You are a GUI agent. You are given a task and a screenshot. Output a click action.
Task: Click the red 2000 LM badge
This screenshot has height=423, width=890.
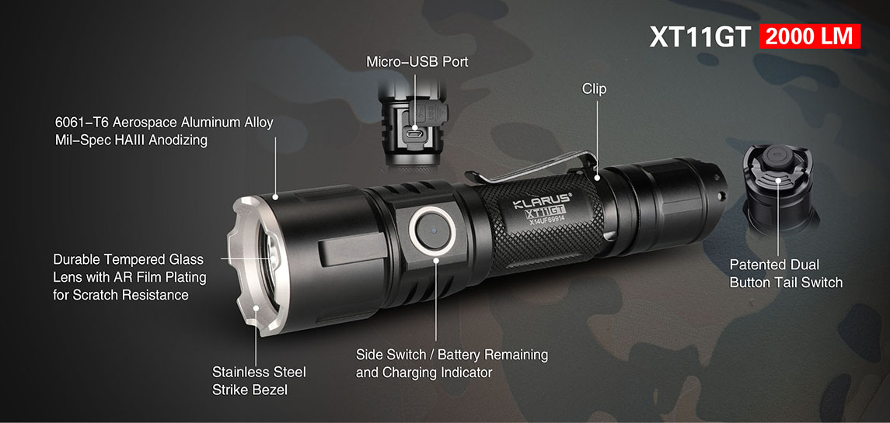tap(809, 36)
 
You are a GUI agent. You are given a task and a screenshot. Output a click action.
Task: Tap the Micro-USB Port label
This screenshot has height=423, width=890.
tap(417, 61)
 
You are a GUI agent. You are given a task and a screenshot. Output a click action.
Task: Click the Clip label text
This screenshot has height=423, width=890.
tap(594, 89)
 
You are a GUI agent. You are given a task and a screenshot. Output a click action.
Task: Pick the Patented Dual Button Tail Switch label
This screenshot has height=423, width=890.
tap(786, 273)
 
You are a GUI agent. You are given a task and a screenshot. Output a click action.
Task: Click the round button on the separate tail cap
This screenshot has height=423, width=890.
tap(777, 158)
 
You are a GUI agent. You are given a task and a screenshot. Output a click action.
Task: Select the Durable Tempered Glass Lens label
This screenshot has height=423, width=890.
tap(129, 277)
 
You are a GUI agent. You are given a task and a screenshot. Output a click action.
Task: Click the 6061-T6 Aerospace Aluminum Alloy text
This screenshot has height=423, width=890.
tap(165, 123)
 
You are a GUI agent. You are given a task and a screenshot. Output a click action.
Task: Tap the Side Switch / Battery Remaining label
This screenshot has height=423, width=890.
tap(452, 355)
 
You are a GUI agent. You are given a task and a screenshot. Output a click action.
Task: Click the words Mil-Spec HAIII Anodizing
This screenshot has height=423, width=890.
tap(131, 140)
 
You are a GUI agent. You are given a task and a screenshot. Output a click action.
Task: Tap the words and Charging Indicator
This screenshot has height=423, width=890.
tap(424, 373)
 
